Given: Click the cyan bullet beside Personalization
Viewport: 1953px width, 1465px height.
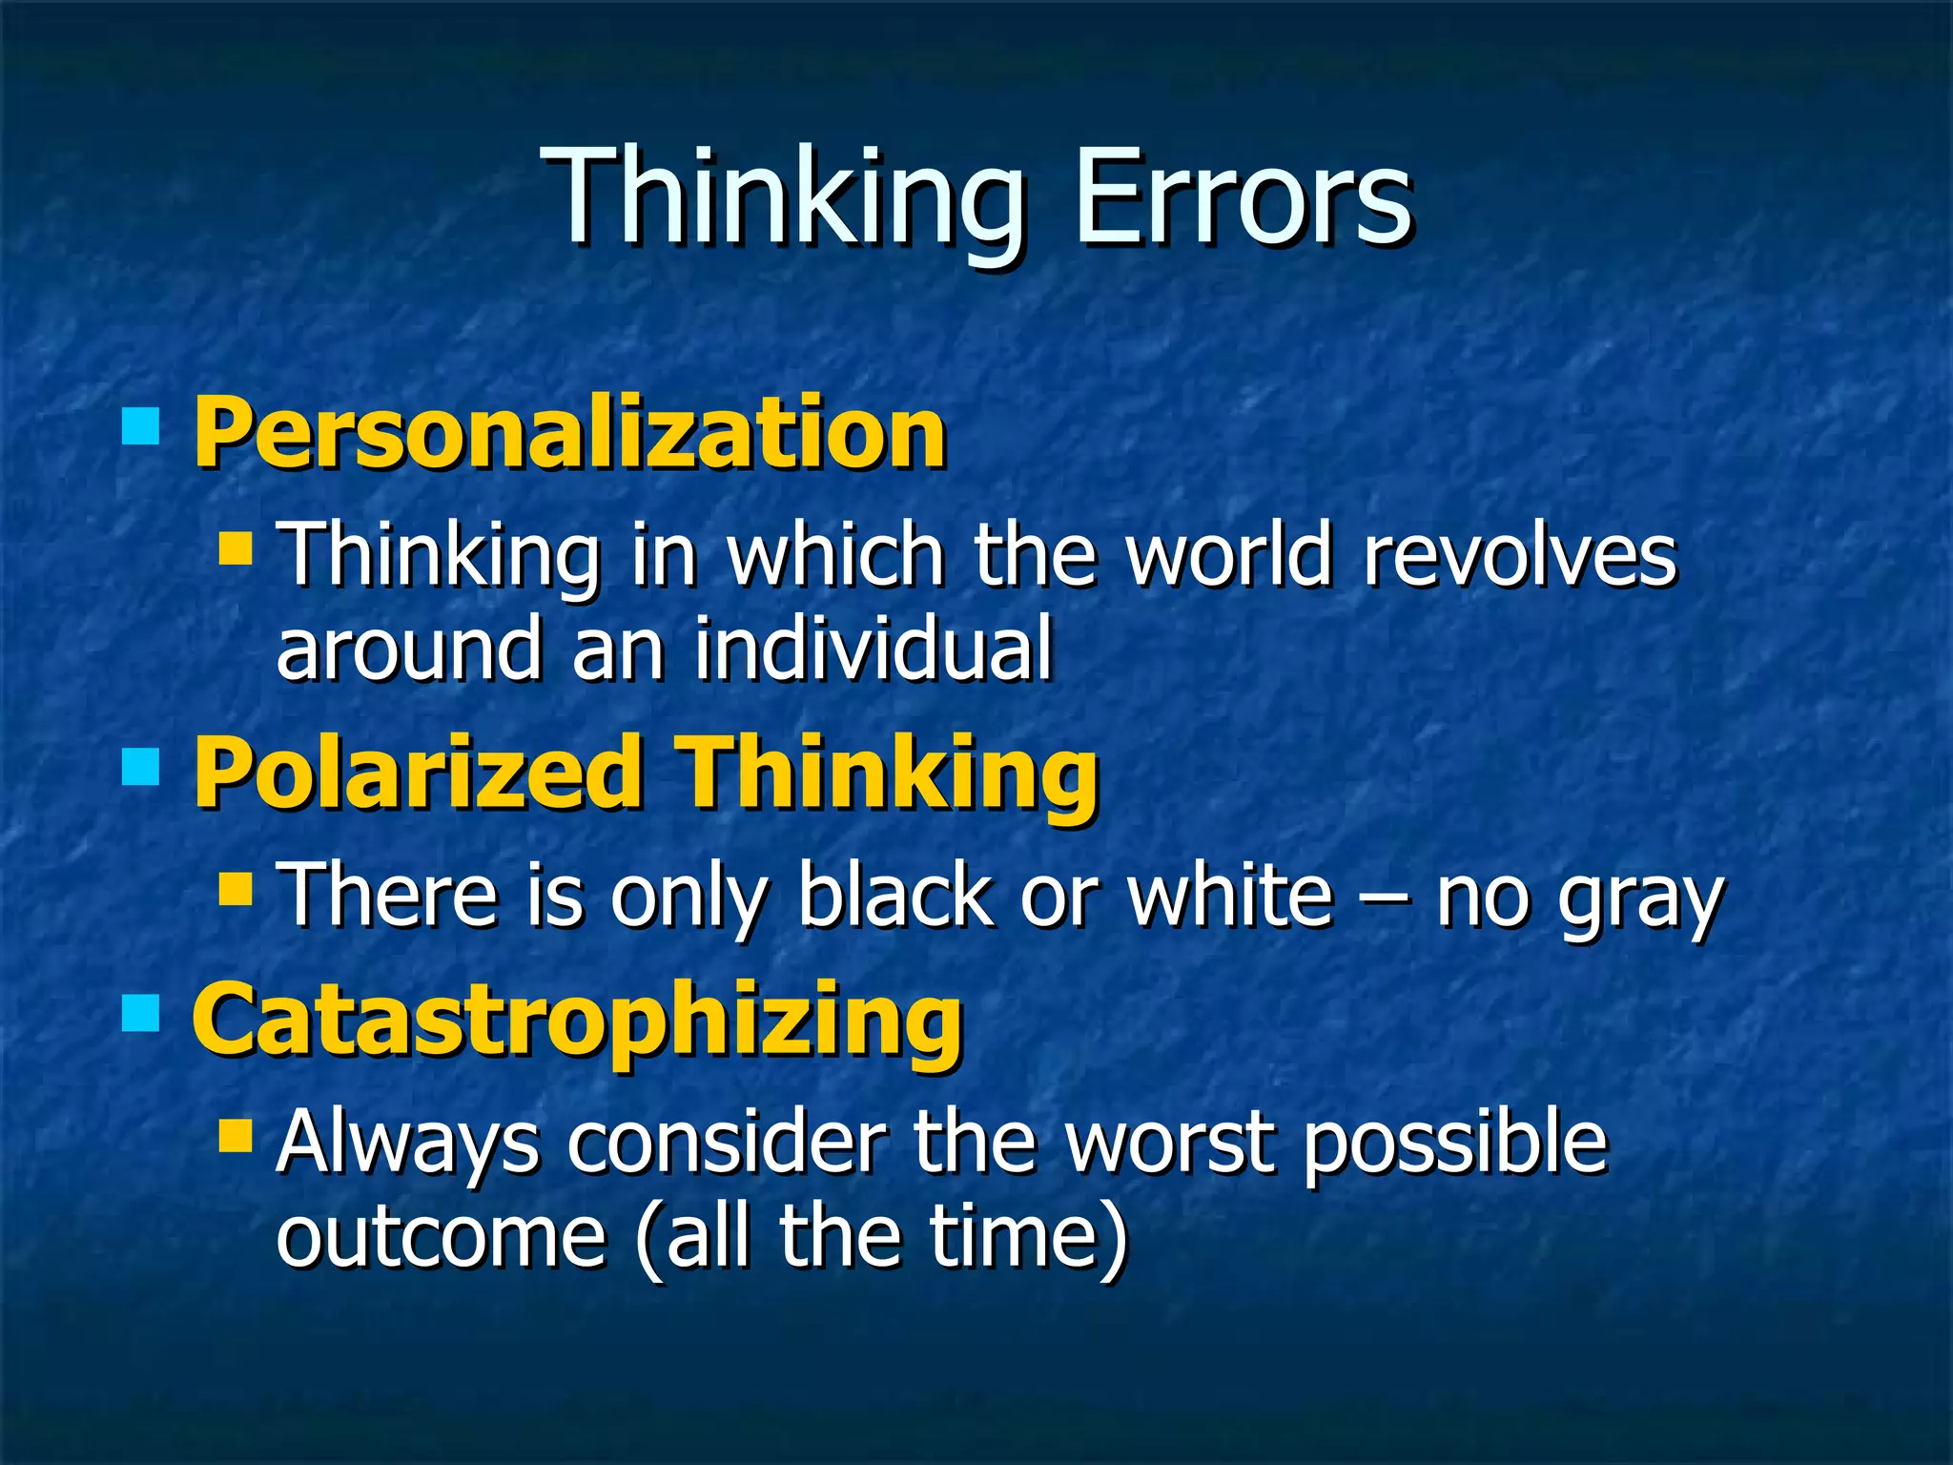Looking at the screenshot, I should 141,426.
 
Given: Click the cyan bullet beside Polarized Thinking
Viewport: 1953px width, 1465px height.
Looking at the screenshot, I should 141,766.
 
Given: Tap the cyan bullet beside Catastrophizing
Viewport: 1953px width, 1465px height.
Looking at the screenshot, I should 141,1014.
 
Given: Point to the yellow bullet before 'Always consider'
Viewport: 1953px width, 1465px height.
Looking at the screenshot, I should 235,1135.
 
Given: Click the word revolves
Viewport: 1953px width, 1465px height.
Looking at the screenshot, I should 1519,556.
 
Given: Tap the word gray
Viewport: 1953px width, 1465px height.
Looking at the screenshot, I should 1640,901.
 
